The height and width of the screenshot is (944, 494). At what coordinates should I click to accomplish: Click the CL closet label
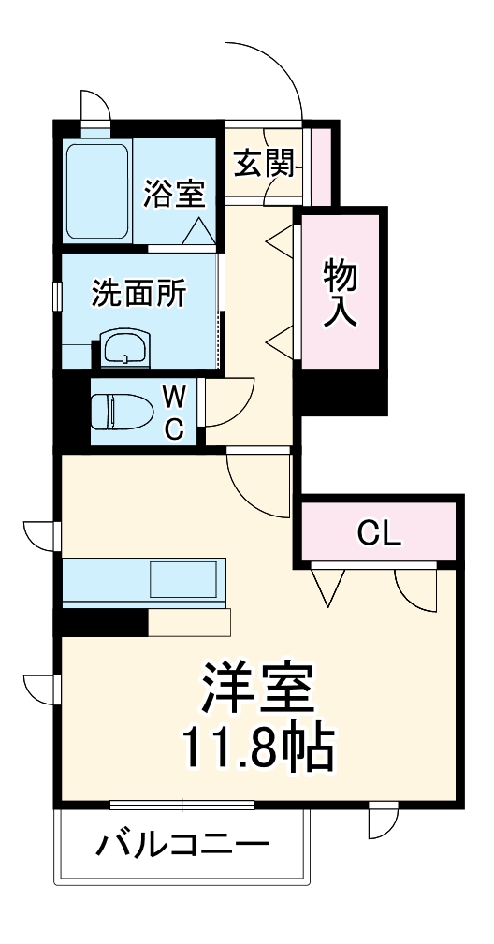pos(379,533)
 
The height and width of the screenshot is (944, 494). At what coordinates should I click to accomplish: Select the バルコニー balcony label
pos(183,847)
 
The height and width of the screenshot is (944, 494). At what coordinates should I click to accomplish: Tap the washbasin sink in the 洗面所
pos(123,349)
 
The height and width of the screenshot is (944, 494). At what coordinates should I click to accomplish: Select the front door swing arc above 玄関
pos(263,80)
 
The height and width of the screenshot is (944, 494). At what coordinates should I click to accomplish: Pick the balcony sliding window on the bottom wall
pos(182,804)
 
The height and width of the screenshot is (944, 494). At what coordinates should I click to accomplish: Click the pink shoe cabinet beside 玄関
pos(321,165)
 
